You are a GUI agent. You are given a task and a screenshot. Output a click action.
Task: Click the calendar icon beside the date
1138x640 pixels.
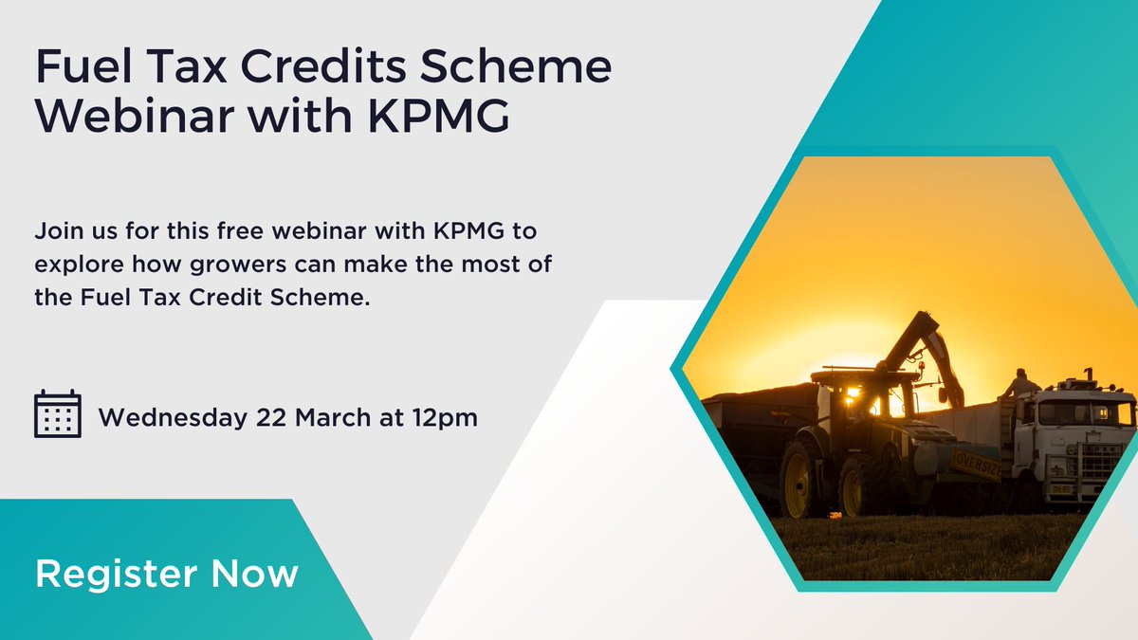point(57,414)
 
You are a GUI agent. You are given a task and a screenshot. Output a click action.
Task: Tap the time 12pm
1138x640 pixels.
point(446,417)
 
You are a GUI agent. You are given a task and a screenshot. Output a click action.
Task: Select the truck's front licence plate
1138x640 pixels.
point(1060,489)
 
